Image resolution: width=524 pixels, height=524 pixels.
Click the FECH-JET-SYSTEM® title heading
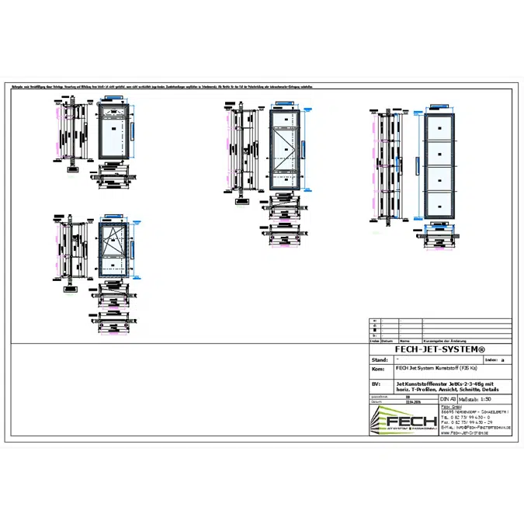pos(440,349)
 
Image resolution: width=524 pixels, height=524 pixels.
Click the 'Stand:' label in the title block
pos(380,360)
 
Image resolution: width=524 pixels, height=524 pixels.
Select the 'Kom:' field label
pos(379,369)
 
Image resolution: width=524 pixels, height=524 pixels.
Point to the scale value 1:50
pos(492,398)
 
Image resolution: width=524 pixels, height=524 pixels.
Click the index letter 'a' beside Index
pos(502,360)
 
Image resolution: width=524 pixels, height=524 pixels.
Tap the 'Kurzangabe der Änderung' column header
pos(443,340)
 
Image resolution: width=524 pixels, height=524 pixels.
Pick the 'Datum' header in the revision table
pos(387,340)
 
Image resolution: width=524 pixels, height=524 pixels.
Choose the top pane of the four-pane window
pos(439,126)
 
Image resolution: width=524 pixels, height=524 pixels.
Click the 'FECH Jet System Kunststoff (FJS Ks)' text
pos(438,369)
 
